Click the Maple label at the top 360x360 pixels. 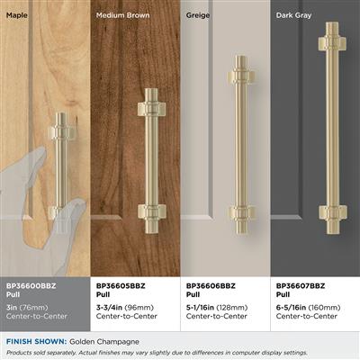coord(17,15)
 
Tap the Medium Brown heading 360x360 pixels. coord(122,15)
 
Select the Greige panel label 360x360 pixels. coord(198,15)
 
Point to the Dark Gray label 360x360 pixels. coord(293,15)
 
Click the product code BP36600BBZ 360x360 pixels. coord(31,286)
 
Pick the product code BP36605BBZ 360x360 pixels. coord(121,286)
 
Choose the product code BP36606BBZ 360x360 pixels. coord(211,286)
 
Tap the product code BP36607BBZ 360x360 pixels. coord(301,286)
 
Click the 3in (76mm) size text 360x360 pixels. coord(27,308)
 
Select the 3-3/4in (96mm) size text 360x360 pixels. coord(125,308)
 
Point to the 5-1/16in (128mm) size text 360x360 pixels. coord(217,308)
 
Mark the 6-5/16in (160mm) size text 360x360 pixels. coord(308,308)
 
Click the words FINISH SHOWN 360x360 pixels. coord(36,341)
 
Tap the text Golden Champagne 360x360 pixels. coord(104,342)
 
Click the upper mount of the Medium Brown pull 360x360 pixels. coord(151,109)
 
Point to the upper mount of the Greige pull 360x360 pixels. coord(241,76)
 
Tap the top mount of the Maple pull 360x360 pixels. coord(62,132)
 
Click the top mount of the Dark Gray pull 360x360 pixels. coord(332,43)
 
